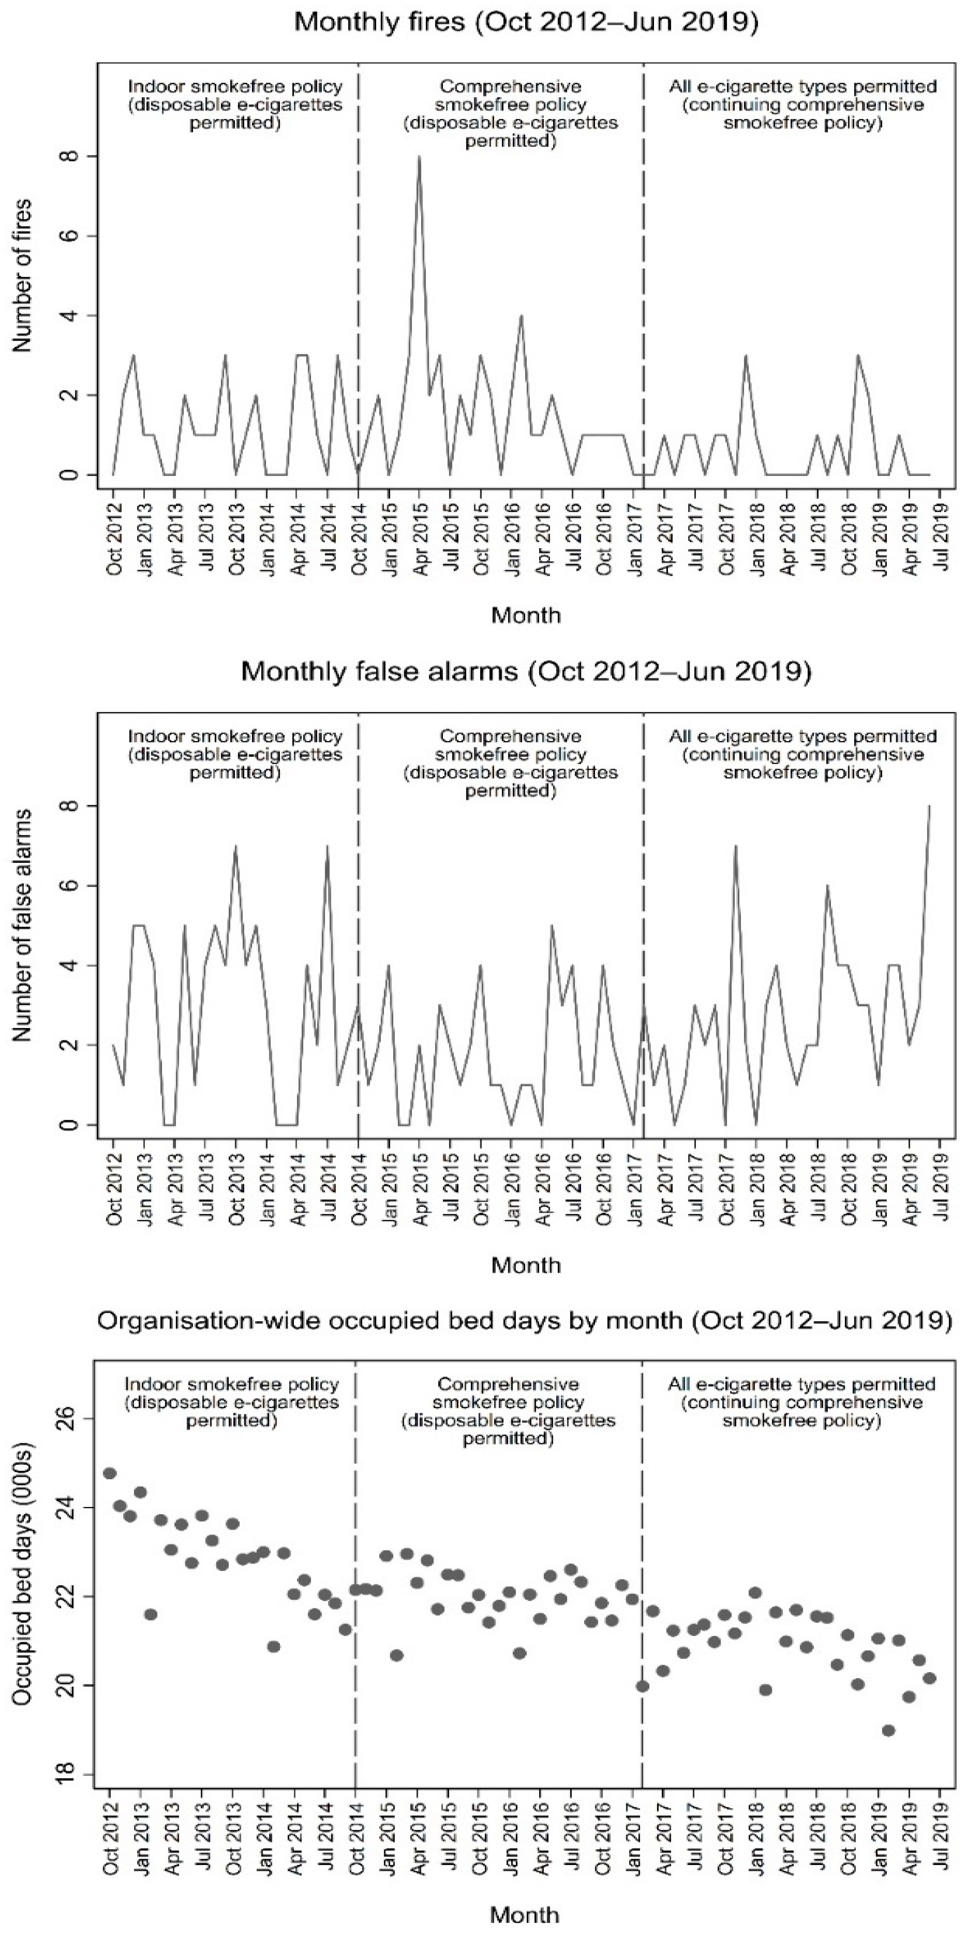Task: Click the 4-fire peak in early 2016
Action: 521,316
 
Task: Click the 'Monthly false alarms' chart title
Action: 525,671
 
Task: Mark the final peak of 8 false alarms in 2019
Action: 930,806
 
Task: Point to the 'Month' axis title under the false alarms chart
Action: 525,1265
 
